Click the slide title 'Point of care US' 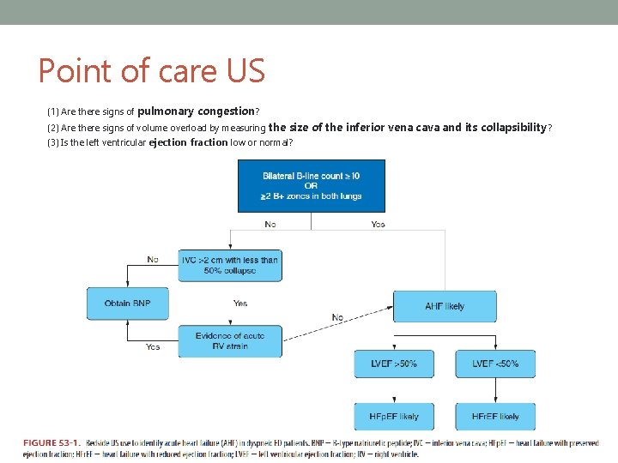pyautogui.click(x=152, y=70)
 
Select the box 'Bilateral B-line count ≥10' pyautogui.click(x=311, y=185)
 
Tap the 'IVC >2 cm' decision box pyautogui.click(x=230, y=265)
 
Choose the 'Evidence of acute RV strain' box pyautogui.click(x=230, y=341)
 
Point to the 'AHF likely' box pyautogui.click(x=445, y=306)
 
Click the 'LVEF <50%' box pyautogui.click(x=495, y=364)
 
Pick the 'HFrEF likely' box pyautogui.click(x=495, y=417)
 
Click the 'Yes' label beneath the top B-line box pyautogui.click(x=378, y=225)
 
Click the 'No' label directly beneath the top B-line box pyautogui.click(x=270, y=225)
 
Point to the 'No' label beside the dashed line pyautogui.click(x=337, y=317)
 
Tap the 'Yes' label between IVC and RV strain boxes pyautogui.click(x=240, y=304)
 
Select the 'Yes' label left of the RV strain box pyautogui.click(x=153, y=347)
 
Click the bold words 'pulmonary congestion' pyautogui.click(x=196, y=111)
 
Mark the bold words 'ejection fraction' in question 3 pyautogui.click(x=188, y=142)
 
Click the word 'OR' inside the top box pyautogui.click(x=311, y=185)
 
